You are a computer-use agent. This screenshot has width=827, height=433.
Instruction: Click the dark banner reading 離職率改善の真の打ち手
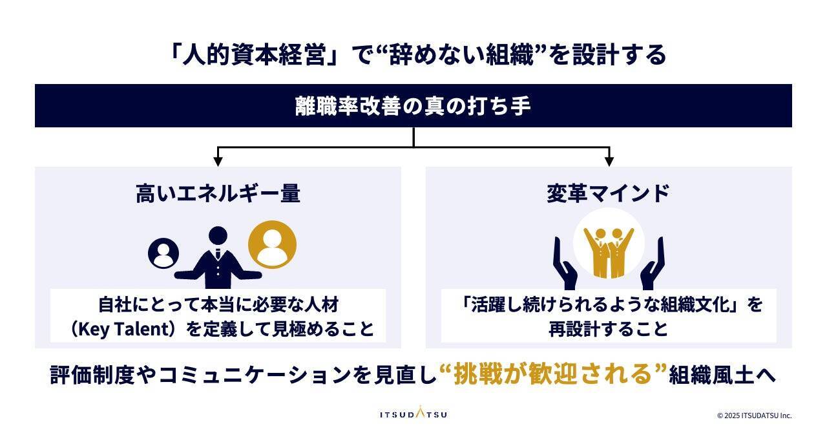(x=413, y=105)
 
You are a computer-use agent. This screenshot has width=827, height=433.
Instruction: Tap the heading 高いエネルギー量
(x=218, y=193)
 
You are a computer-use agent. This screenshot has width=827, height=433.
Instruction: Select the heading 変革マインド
(x=608, y=193)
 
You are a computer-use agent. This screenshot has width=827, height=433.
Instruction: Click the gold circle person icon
(x=273, y=245)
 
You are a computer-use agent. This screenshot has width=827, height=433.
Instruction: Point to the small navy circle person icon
(x=163, y=253)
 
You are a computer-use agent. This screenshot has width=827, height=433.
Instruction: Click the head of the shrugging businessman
(x=218, y=237)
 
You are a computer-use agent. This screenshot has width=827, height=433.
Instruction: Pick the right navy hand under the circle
(x=652, y=265)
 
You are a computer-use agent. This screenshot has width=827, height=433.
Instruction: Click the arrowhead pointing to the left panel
(x=218, y=161)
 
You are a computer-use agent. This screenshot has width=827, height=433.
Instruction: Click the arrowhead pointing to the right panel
(x=608, y=161)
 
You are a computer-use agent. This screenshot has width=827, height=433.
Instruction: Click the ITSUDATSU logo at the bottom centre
(x=413, y=414)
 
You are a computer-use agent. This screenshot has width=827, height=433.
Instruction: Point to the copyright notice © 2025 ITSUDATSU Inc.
(x=754, y=416)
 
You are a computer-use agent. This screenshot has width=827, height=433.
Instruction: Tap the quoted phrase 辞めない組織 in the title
(x=458, y=55)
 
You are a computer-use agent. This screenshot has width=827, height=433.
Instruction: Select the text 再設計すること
(x=608, y=329)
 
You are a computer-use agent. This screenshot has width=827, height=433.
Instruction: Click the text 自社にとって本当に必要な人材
(x=218, y=304)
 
